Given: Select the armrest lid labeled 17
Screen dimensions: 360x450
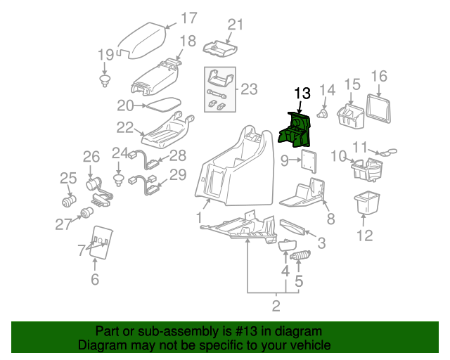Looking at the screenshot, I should click(143, 41).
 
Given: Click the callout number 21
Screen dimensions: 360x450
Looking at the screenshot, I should click(234, 25).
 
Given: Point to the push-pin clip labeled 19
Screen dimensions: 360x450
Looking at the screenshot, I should click(105, 78).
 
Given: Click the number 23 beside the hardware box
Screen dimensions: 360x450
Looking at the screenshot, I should click(249, 89).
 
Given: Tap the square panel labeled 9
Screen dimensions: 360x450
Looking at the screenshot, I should click(308, 161).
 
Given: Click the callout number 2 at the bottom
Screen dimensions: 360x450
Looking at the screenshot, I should click(276, 305).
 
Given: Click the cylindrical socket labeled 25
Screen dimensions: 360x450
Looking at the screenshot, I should click(70, 202).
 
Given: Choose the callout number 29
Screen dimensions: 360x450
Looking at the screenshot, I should click(178, 174).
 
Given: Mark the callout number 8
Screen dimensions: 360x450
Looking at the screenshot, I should click(330, 219).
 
